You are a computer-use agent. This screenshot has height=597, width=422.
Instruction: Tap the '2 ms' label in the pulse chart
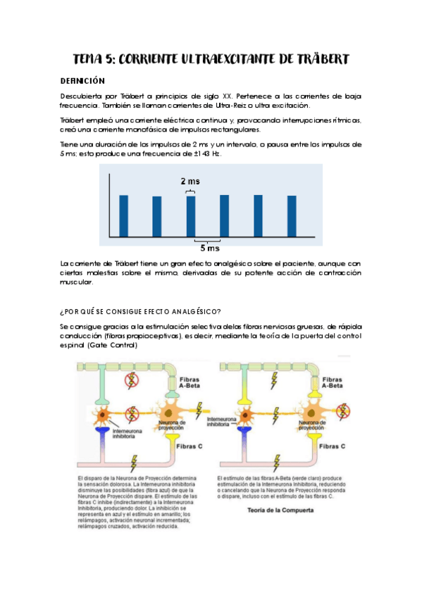point(190,181)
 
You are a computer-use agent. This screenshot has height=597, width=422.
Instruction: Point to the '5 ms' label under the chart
point(209,248)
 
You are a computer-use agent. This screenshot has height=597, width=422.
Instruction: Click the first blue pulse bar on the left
point(124,215)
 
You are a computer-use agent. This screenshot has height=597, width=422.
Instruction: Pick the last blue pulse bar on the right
point(292,215)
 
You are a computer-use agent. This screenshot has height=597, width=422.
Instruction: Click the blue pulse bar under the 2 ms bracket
point(191,215)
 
